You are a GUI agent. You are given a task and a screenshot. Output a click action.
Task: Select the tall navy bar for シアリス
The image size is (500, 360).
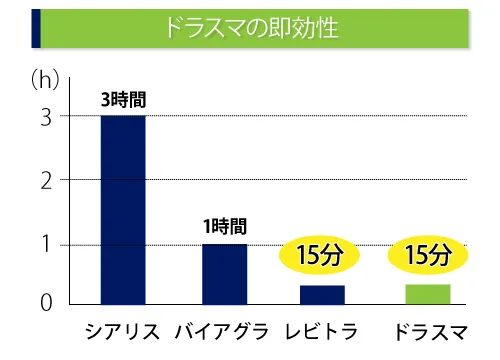pos(123,210)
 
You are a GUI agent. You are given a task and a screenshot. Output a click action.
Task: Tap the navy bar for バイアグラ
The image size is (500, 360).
pos(224,274)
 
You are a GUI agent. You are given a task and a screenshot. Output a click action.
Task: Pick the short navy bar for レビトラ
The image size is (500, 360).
pos(323,295)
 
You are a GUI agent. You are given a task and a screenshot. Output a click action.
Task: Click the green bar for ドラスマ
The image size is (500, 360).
pos(427,294)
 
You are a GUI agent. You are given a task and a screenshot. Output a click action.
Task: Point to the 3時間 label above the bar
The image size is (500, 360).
pos(123,99)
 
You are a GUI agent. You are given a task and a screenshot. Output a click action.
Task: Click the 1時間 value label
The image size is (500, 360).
pos(224,228)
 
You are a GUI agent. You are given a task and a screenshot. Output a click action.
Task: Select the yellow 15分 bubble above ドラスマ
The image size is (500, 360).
pos(428,256)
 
